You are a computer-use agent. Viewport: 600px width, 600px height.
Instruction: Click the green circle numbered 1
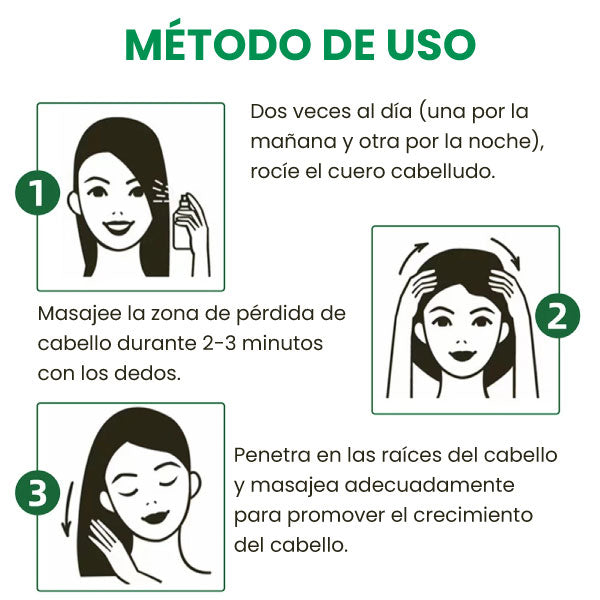[38, 192]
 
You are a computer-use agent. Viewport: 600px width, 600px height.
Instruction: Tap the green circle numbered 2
[557, 316]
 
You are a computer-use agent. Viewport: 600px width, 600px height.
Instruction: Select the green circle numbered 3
[38, 492]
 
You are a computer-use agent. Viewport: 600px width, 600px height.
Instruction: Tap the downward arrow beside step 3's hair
[68, 509]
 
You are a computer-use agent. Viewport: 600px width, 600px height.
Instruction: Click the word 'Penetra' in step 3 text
[272, 455]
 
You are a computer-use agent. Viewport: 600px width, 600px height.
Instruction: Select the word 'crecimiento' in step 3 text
[473, 515]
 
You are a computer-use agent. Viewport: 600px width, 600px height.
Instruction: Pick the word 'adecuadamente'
[429, 485]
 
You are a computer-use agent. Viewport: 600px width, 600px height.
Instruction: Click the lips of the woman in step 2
[462, 354]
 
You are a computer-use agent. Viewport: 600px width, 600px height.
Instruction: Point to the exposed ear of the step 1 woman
[72, 201]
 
